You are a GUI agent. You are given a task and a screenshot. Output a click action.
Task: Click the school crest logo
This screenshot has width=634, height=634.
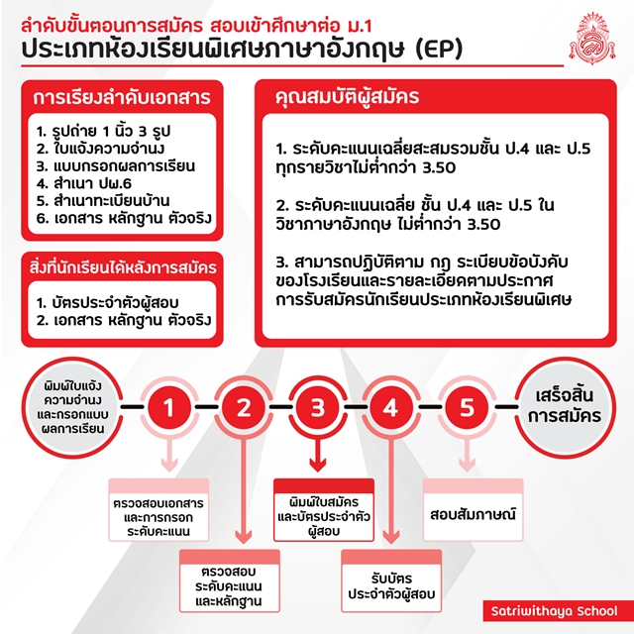(x=592, y=39)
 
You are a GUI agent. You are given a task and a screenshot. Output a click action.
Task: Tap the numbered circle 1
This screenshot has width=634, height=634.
(x=169, y=407)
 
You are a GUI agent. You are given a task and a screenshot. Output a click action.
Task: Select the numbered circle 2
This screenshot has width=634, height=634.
(x=244, y=407)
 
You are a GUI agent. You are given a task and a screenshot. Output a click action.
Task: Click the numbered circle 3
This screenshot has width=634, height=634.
(x=317, y=407)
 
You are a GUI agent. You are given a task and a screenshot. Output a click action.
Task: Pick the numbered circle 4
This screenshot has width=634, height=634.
(x=391, y=407)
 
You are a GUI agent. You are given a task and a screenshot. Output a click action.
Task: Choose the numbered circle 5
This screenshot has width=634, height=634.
(x=467, y=407)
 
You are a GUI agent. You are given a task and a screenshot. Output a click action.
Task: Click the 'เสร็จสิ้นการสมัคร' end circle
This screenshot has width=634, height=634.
(x=565, y=407)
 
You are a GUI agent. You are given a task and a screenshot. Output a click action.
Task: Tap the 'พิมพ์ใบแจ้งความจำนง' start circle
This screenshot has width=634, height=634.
(x=72, y=407)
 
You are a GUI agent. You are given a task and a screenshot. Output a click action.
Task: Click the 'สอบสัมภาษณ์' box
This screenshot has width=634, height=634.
(x=474, y=510)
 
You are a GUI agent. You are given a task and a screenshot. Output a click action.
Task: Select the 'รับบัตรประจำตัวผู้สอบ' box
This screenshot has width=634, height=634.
(x=391, y=581)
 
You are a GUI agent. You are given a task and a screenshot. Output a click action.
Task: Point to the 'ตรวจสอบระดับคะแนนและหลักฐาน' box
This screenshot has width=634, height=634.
(x=230, y=581)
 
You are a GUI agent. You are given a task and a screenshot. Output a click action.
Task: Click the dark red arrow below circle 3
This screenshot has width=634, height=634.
(x=317, y=455)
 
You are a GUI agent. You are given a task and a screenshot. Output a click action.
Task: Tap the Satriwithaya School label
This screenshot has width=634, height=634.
(x=555, y=611)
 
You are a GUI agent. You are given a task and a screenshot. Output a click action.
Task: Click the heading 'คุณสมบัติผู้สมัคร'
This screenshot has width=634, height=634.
(x=347, y=97)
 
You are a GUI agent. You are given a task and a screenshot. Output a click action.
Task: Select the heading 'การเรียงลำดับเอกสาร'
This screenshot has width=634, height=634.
(x=122, y=97)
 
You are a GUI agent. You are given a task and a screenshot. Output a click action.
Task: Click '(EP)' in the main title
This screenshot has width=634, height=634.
(x=439, y=50)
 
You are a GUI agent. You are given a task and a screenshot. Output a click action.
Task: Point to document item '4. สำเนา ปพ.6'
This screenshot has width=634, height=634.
(x=84, y=183)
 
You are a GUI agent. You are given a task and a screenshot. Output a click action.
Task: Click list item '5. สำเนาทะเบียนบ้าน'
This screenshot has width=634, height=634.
(x=103, y=201)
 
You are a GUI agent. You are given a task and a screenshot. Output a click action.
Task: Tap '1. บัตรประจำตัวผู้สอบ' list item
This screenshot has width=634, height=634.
(x=108, y=302)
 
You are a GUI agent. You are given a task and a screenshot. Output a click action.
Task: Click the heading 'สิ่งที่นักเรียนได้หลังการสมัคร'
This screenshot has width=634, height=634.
(x=123, y=267)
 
